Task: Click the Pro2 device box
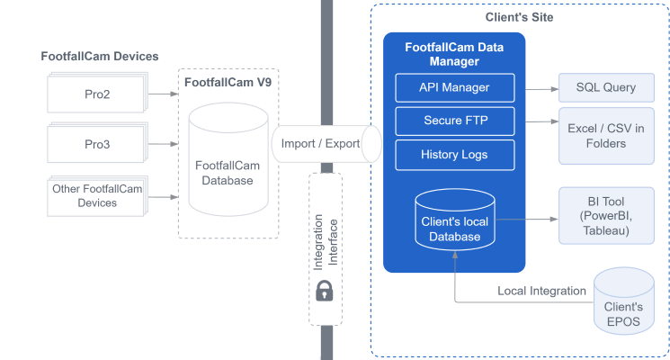pyautogui.click(x=95, y=94)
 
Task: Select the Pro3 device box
pyautogui.click(x=95, y=144)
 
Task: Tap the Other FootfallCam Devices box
pyautogui.click(x=95, y=195)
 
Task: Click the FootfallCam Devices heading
pyautogui.click(x=100, y=56)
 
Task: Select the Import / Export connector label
pyautogui.click(x=320, y=144)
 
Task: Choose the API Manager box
pyautogui.click(x=454, y=87)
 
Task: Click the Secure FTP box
pyautogui.click(x=454, y=121)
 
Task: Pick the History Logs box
pyautogui.click(x=454, y=154)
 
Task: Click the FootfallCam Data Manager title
pyautogui.click(x=454, y=54)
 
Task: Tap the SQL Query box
pyautogui.click(x=606, y=87)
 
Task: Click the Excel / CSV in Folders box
pyautogui.click(x=606, y=136)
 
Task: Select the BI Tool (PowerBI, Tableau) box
pyautogui.click(x=606, y=216)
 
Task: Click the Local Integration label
pyautogui.click(x=541, y=291)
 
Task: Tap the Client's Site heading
pyautogui.click(x=518, y=17)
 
